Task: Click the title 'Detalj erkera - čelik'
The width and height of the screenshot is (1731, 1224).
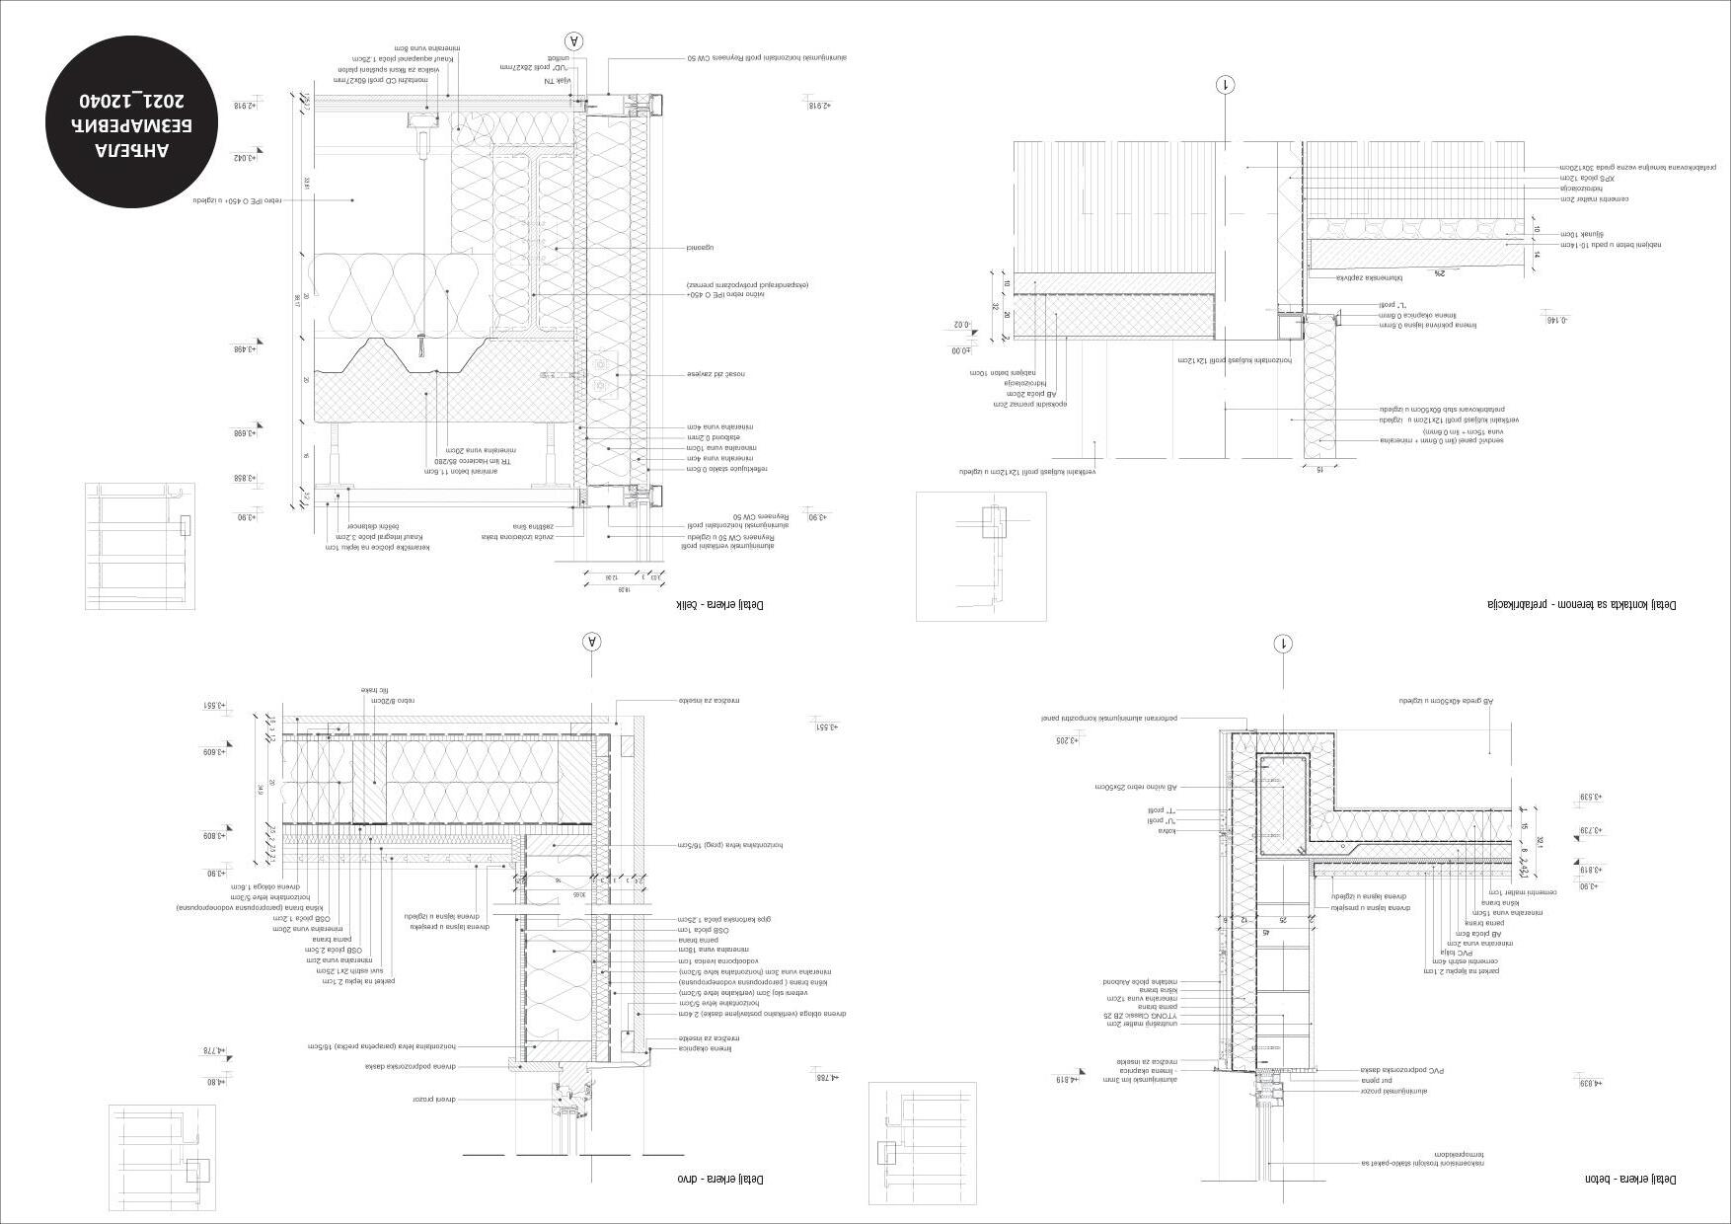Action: (718, 604)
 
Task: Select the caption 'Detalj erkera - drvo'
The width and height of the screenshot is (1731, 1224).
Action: (719, 1180)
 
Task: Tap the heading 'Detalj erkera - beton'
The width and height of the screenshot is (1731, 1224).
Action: (1629, 1180)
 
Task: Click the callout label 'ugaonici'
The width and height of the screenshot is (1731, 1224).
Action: (700, 247)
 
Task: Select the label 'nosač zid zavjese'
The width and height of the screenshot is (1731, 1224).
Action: (716, 374)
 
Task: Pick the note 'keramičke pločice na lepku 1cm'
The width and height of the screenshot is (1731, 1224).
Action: (386, 547)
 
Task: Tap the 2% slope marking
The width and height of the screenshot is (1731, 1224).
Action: (1440, 273)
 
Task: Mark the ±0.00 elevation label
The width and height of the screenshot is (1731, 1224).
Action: (959, 349)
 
